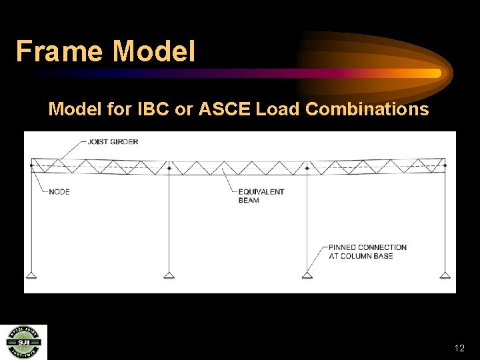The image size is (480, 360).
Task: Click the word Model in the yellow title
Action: tap(155, 51)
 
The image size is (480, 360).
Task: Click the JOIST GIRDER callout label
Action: tap(113, 142)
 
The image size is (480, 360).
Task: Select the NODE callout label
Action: tap(59, 192)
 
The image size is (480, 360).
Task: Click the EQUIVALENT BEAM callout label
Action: tap(261, 196)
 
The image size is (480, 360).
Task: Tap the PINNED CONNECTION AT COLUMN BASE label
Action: tap(367, 251)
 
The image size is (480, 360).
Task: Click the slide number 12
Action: tap(459, 348)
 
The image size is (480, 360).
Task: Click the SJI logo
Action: tap(23, 342)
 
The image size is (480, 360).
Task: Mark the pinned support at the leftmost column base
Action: tap(31, 275)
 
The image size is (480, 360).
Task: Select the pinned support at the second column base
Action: tap(169, 275)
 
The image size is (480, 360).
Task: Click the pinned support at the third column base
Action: tap(307, 275)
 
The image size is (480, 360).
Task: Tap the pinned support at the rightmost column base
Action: tap(445, 275)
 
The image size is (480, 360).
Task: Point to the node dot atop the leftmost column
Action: tap(31, 165)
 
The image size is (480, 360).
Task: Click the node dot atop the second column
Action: tap(169, 167)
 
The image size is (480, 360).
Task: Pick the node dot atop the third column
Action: tap(307, 167)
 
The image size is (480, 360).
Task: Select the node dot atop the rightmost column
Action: tap(445, 165)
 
